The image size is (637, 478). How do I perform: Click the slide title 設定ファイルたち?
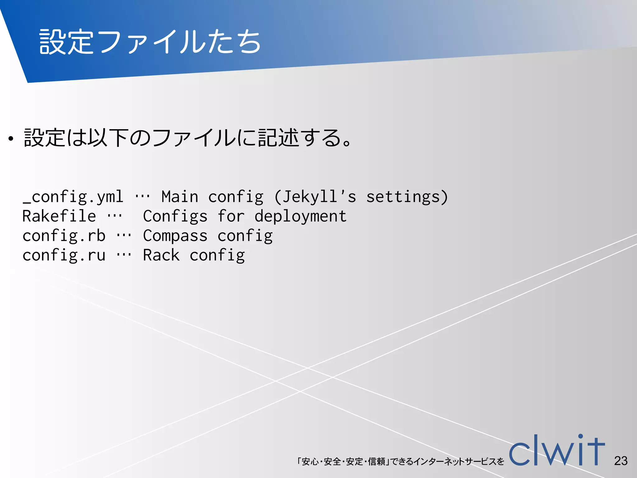(150, 42)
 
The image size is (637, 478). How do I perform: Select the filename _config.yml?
(73, 197)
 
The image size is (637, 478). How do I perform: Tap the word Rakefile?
(59, 216)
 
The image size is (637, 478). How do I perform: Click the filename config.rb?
(64, 236)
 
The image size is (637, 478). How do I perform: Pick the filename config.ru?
(64, 255)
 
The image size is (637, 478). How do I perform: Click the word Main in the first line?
(180, 197)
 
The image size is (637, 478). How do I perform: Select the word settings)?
(407, 197)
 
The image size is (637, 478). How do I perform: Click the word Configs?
(175, 216)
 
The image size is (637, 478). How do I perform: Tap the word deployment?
(300, 216)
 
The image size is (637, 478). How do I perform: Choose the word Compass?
(175, 236)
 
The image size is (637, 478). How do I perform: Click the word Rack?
(161, 255)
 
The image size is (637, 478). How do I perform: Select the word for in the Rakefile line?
(231, 216)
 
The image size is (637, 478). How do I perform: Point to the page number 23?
(621, 461)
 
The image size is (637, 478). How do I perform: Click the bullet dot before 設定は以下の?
(11, 139)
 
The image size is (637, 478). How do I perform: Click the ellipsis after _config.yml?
(142, 197)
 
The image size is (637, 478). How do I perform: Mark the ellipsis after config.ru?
(124, 255)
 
